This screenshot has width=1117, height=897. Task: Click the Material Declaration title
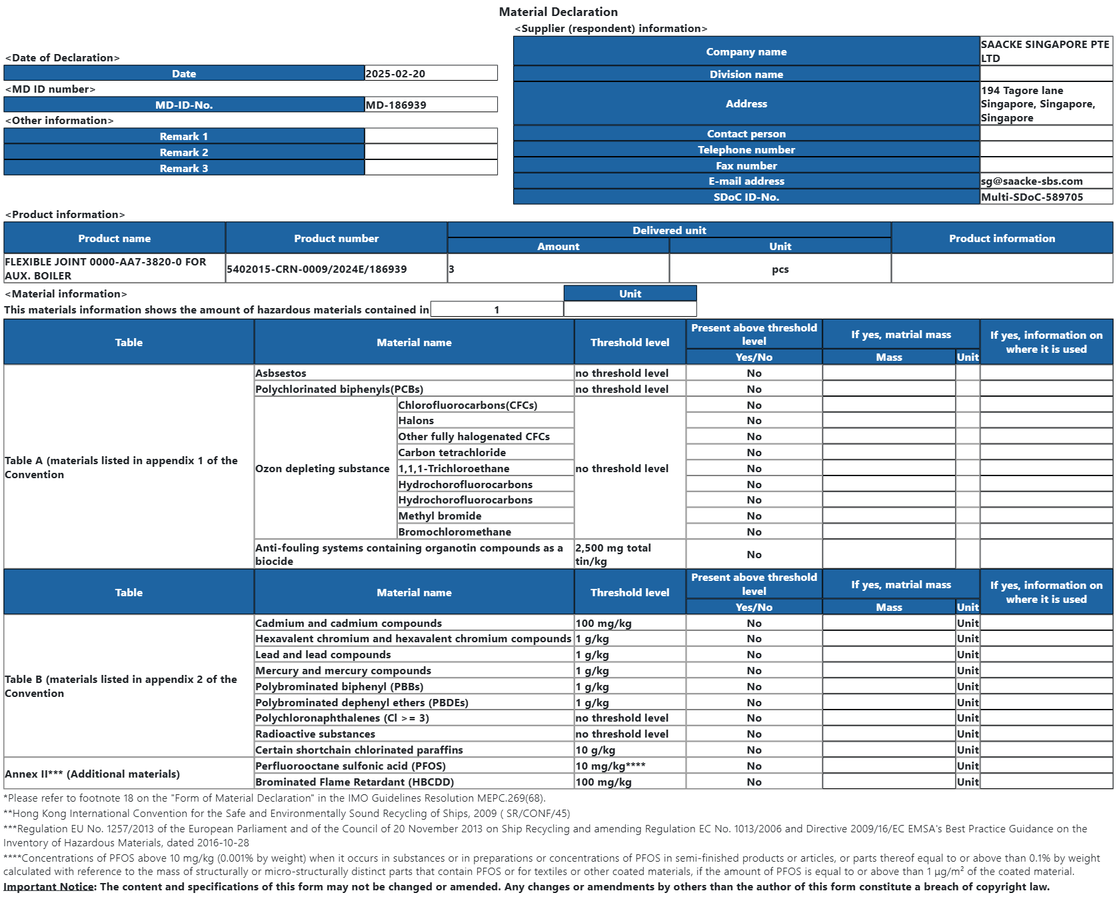pos(558,12)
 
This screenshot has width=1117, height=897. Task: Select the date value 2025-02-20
pos(395,73)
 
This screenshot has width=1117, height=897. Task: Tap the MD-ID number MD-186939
pos(396,105)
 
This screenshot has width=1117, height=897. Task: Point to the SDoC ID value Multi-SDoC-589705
pos(1032,197)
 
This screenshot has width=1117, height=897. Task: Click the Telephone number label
pos(746,149)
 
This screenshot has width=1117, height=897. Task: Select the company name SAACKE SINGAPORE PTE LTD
pos(1044,51)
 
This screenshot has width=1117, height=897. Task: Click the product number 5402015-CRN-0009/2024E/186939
pos(317,269)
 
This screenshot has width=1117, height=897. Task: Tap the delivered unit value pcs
pos(780,269)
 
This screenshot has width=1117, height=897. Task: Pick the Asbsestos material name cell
pos(281,373)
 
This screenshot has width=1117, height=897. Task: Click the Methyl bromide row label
pos(439,516)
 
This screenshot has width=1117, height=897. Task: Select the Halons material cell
pos(416,420)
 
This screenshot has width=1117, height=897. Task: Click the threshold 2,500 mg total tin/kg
pos(613,554)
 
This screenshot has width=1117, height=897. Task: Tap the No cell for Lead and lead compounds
pos(754,654)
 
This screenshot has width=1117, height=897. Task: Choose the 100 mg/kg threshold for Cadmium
pos(603,623)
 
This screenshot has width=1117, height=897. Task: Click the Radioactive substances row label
pos(315,734)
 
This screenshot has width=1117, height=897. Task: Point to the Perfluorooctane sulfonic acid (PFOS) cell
pos(351,766)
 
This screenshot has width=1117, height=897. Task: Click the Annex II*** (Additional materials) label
pos(92,774)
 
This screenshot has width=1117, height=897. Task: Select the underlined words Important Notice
pos(48,886)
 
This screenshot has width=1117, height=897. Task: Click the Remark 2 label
pos(184,152)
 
